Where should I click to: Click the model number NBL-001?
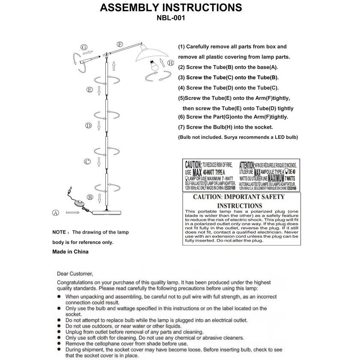[171, 18]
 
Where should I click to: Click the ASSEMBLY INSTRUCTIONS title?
[171, 7]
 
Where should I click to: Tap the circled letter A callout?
[55, 213]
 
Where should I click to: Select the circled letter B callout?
[90, 197]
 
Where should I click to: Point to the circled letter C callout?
[87, 162]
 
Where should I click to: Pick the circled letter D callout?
[89, 126]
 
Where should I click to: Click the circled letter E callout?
[90, 90]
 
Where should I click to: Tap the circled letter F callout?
[120, 44]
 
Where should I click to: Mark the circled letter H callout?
[171, 63]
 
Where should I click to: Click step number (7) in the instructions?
[182, 127]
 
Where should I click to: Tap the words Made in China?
[70, 252]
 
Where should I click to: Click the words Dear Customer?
[75, 273]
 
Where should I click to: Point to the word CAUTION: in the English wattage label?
[193, 165]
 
